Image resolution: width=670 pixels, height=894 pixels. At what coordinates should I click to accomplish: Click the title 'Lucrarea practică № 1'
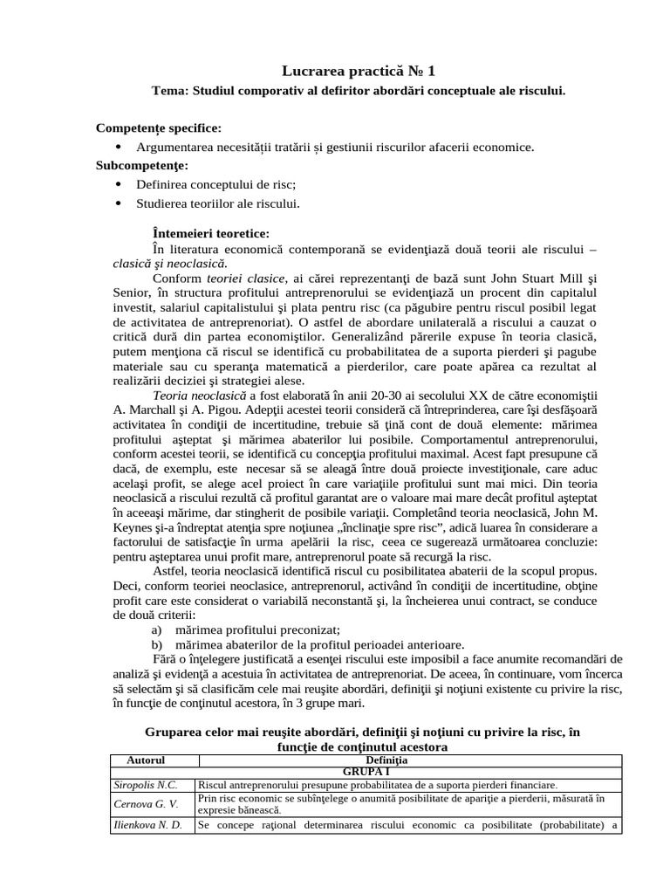[359, 71]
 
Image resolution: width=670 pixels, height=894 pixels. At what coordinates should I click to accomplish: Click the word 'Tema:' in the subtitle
[170, 90]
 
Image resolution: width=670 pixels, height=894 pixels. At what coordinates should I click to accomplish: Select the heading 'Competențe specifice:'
[159, 128]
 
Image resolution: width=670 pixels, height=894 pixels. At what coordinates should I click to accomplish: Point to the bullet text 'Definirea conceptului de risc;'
[216, 184]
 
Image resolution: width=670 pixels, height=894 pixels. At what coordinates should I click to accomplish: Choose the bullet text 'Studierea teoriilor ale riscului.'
[218, 203]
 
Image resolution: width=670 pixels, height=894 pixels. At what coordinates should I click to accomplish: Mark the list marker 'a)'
[158, 629]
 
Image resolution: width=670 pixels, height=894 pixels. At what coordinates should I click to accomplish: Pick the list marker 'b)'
[158, 644]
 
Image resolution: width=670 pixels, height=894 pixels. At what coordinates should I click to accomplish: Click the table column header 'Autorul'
[146, 760]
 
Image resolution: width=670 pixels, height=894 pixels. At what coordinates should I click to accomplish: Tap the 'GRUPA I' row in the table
[366, 773]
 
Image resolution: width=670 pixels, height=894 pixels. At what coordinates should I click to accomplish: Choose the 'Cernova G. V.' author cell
[146, 803]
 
